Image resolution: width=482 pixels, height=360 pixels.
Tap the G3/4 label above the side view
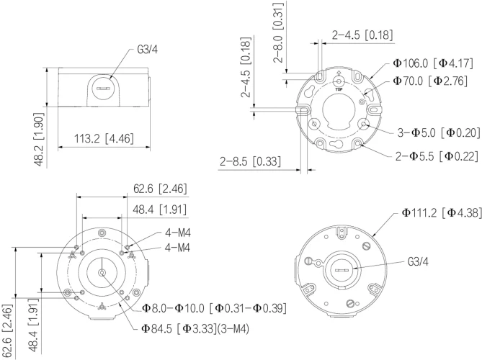pyautogui.click(x=148, y=52)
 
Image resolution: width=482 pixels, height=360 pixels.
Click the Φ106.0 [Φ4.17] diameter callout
pyautogui.click(x=431, y=63)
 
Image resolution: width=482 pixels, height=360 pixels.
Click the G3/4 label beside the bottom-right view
pyautogui.click(x=418, y=263)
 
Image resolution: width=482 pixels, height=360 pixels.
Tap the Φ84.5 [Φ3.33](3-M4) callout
pyautogui.click(x=201, y=330)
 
